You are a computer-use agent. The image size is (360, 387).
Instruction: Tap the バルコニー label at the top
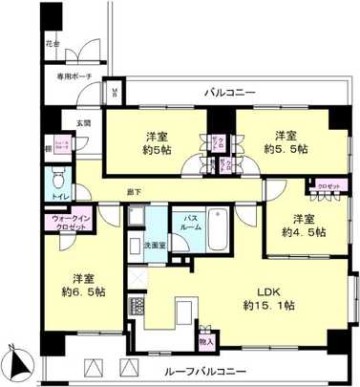click(229, 93)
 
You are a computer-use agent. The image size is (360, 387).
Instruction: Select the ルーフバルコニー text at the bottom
click(208, 370)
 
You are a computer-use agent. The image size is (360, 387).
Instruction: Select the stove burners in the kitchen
click(136, 308)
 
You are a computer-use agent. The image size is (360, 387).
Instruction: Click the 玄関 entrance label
click(83, 124)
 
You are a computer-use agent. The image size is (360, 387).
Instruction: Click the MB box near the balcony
click(116, 93)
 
